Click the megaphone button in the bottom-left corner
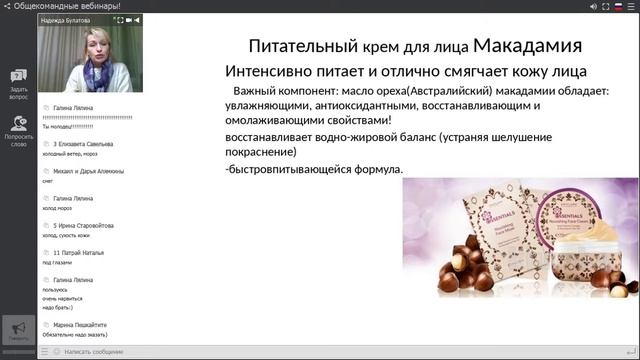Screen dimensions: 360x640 click(x=18, y=331)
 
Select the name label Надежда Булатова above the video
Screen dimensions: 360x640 click(x=67, y=18)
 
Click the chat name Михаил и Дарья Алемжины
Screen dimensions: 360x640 click(x=88, y=171)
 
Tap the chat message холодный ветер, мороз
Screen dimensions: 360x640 click(x=71, y=155)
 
